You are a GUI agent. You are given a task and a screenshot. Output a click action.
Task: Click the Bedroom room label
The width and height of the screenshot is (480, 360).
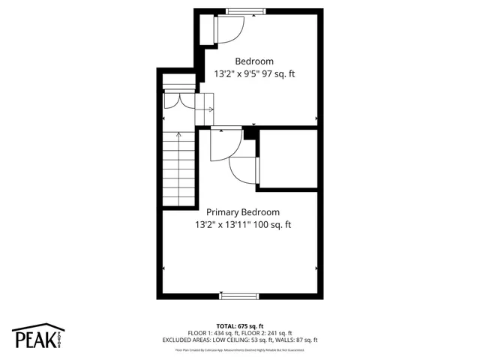tap(254, 61)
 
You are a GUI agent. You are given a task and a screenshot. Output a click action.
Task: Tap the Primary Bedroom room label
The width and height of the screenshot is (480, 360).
tap(243, 212)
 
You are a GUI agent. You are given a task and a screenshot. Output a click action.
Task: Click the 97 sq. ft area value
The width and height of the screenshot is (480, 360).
tap(276, 74)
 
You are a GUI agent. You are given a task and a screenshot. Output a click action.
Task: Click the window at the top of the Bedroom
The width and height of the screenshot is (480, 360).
tap(245, 11)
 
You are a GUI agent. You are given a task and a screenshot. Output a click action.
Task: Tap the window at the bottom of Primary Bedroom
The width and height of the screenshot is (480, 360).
tap(239, 295)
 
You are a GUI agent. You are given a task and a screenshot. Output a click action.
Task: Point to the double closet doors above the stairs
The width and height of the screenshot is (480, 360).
tap(178, 101)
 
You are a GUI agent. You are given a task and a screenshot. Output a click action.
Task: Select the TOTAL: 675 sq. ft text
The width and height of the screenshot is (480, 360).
tap(240, 326)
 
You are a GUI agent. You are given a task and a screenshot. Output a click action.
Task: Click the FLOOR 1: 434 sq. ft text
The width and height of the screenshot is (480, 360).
tap(213, 333)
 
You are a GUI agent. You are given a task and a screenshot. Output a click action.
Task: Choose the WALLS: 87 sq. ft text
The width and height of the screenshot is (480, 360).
tap(288, 340)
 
